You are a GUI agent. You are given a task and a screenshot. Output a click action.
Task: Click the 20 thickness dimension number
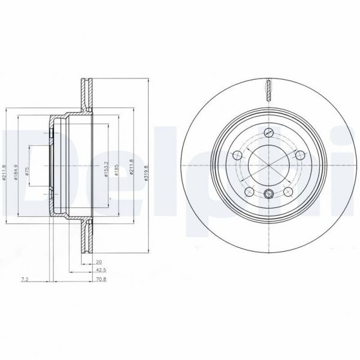98,262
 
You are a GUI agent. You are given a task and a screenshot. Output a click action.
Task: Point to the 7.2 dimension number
25,279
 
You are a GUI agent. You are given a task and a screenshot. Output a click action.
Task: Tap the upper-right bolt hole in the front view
301,155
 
